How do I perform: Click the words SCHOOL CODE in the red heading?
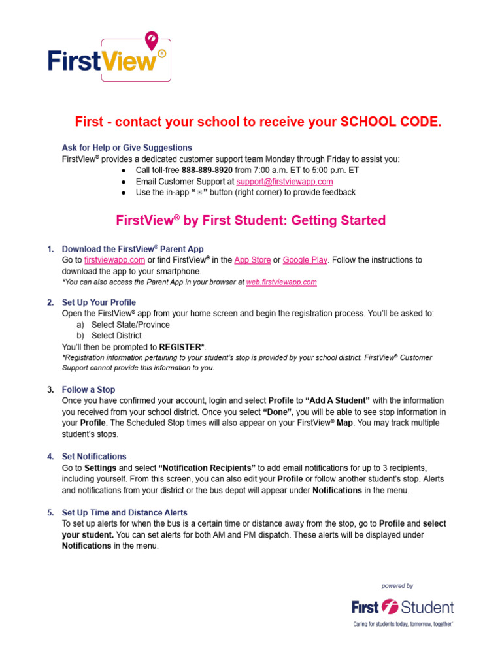(391, 122)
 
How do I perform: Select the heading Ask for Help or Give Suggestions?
(127, 148)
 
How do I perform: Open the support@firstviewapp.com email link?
(284, 181)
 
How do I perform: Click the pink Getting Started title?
(250, 220)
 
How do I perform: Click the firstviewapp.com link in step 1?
(114, 260)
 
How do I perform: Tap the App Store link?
(252, 260)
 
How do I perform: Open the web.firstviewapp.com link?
(282, 282)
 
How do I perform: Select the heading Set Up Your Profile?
(99, 302)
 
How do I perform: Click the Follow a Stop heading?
(88, 389)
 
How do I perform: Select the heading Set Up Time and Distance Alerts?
(124, 513)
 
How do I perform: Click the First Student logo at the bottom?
(401, 608)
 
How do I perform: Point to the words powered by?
(397, 586)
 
